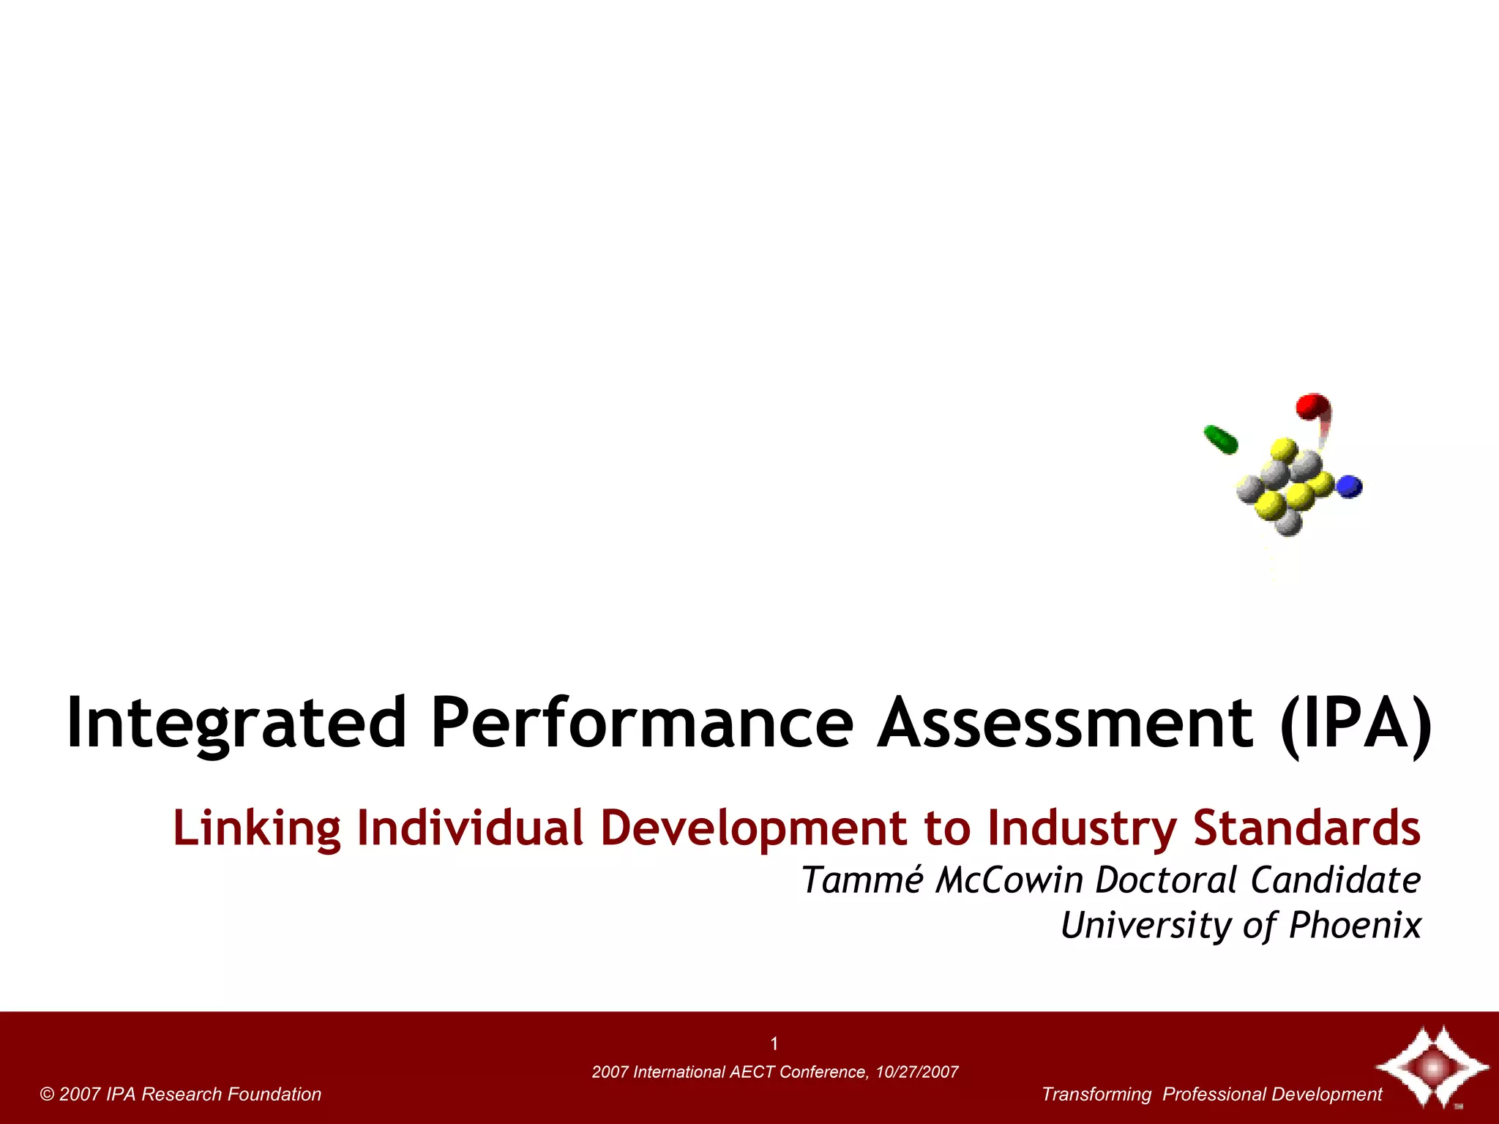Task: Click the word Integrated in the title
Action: [236, 724]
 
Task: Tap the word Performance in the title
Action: [642, 724]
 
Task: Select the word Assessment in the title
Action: [1066, 724]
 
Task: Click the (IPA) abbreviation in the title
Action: [1356, 724]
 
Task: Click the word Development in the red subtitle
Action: [753, 829]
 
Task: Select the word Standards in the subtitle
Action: [1307, 829]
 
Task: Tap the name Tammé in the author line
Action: [862, 880]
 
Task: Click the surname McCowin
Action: [1009, 880]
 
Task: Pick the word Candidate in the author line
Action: [1335, 880]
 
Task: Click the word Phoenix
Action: [1354, 926]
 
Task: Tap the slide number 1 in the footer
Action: [774, 1044]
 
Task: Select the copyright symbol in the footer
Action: [48, 1095]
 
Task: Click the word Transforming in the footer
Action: [1096, 1095]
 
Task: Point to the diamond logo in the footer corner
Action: [1431, 1067]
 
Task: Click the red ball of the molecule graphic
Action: [1312, 406]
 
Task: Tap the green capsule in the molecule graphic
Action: [1221, 439]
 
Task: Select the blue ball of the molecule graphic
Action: [1349, 486]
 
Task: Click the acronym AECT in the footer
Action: [752, 1073]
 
